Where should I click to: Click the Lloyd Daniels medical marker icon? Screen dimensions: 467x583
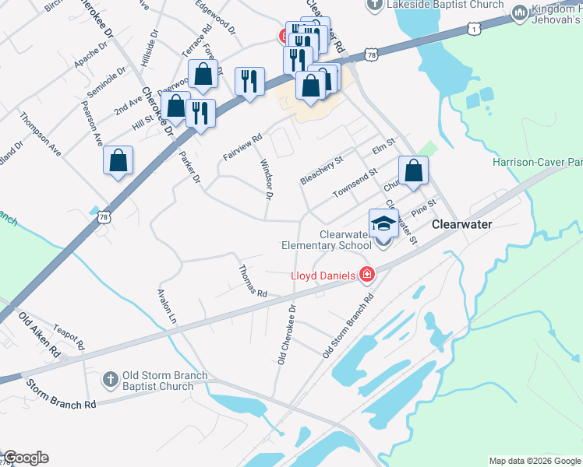(x=365, y=274)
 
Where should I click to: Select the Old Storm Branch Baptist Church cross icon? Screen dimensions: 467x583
(x=111, y=379)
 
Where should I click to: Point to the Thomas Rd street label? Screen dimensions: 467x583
(x=253, y=281)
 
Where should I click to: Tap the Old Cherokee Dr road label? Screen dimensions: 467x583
(x=287, y=334)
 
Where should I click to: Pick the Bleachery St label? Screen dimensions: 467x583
(x=321, y=170)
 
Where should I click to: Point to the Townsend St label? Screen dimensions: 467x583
(x=355, y=182)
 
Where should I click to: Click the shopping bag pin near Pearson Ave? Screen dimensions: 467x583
(x=118, y=161)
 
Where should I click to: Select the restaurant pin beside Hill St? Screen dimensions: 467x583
(x=200, y=114)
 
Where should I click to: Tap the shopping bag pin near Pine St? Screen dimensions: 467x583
(x=414, y=171)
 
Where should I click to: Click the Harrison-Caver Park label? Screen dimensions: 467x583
(x=537, y=163)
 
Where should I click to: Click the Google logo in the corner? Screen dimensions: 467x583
(x=25, y=458)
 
